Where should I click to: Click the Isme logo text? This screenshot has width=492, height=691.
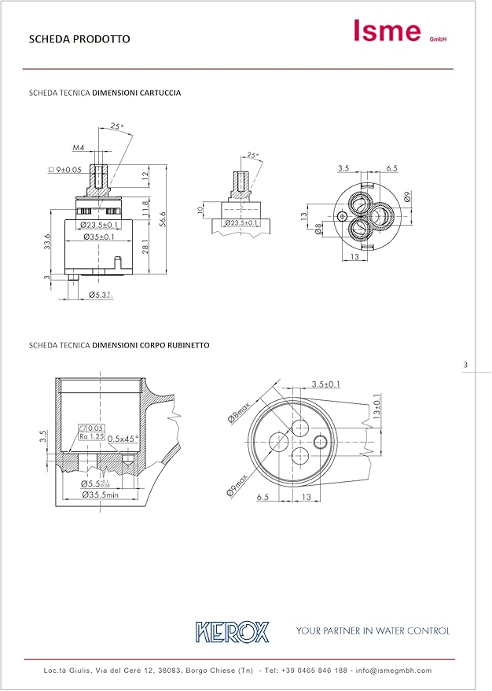pyautogui.click(x=387, y=31)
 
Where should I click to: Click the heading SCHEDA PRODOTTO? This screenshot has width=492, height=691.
pyautogui.click(x=79, y=39)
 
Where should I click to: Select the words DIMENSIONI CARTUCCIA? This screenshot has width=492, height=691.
pyautogui.click(x=137, y=93)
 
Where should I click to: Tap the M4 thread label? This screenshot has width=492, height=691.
pyautogui.click(x=79, y=147)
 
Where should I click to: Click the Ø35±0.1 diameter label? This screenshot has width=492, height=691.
pyautogui.click(x=99, y=237)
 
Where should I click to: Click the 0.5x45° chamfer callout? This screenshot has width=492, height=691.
pyautogui.click(x=123, y=438)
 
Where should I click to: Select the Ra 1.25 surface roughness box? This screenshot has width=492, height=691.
pyautogui.click(x=92, y=436)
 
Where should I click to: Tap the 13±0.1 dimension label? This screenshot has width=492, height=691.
pyautogui.click(x=376, y=405)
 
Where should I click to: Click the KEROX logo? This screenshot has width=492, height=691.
pyautogui.click(x=233, y=631)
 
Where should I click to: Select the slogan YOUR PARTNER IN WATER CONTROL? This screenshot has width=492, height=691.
pyautogui.click(x=373, y=630)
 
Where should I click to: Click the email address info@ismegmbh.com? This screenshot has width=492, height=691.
pyautogui.click(x=394, y=671)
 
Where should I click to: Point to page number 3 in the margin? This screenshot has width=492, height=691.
pyautogui.click(x=465, y=365)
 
